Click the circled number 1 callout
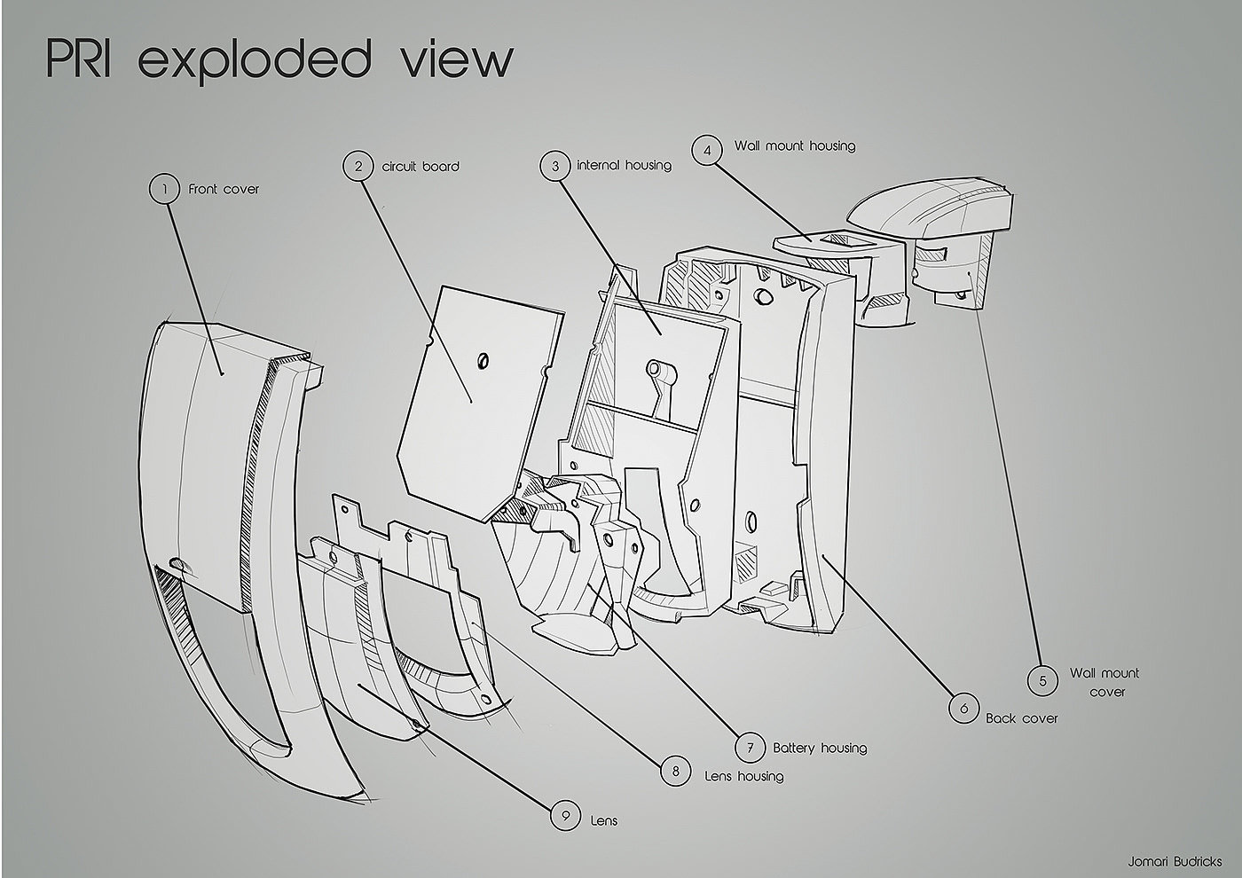(164, 188)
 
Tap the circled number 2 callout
(358, 166)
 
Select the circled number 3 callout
(555, 166)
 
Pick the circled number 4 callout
(707, 151)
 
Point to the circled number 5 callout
(1042, 681)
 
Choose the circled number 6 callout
(963, 709)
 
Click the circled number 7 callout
(751, 748)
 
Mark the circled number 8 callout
(676, 772)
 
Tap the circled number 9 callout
(564, 816)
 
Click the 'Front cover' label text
(224, 189)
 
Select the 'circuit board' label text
(421, 166)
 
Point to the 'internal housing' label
(624, 165)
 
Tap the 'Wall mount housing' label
(794, 145)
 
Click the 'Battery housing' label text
(819, 748)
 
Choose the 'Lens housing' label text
(743, 776)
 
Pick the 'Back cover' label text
(1021, 717)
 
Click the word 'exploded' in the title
(254, 60)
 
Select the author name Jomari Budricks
(1175, 861)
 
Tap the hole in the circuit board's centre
(483, 360)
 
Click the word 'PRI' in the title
(78, 59)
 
